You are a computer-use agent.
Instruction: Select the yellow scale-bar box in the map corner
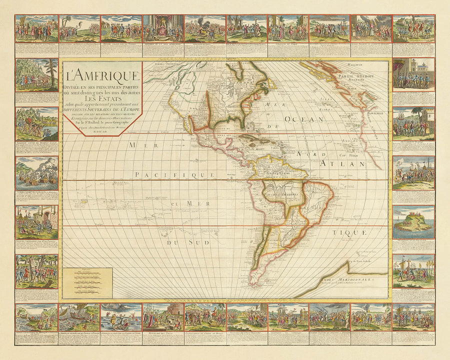88,282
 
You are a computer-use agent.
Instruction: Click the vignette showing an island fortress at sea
413,220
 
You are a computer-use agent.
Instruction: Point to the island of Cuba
247,139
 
